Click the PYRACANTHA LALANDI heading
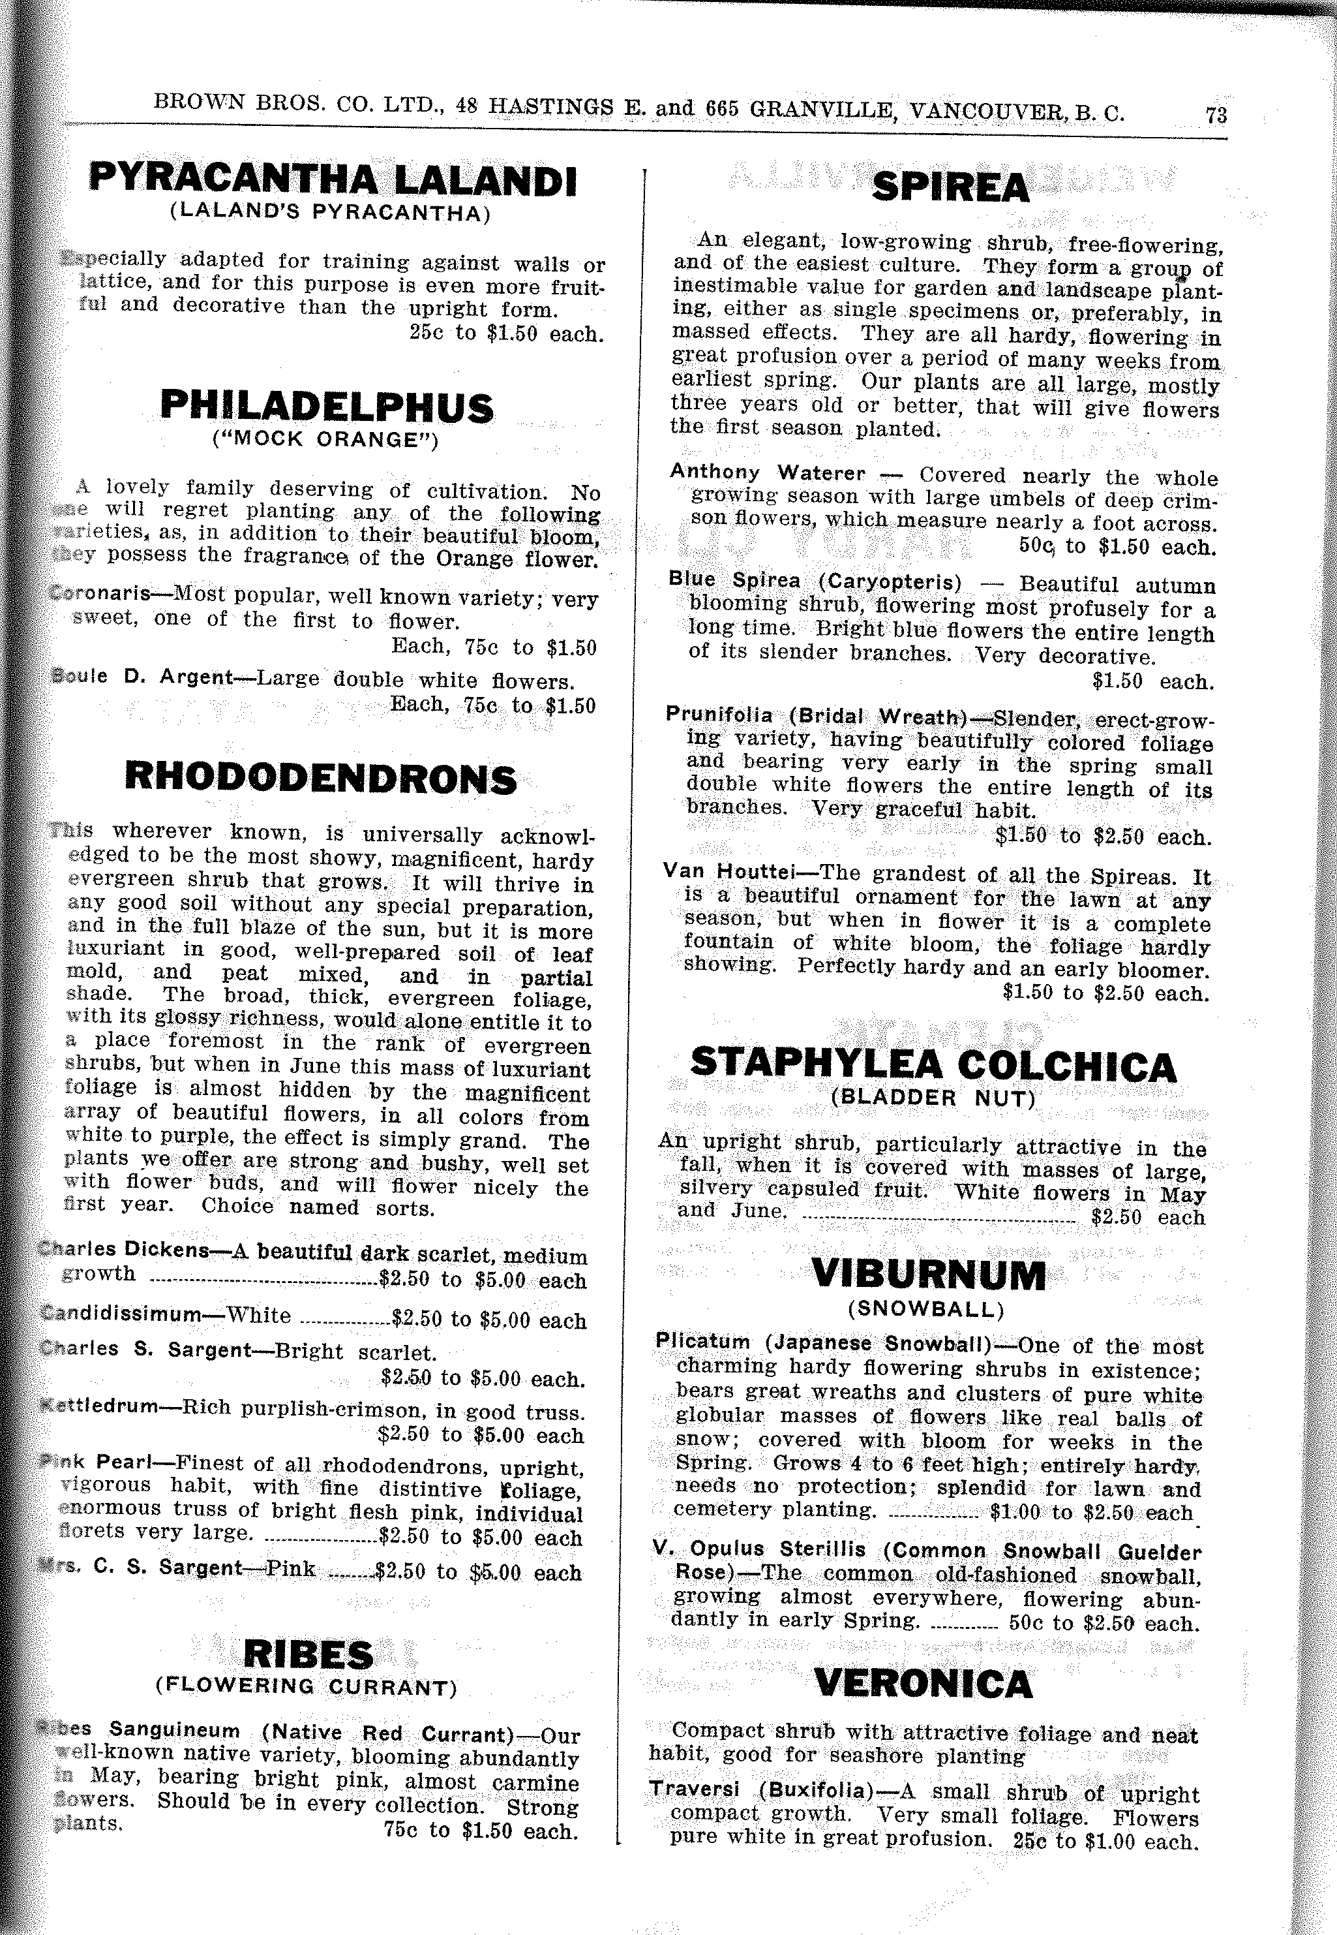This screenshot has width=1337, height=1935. click(333, 179)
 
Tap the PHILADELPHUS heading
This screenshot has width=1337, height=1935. click(327, 407)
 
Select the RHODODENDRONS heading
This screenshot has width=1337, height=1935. click(320, 779)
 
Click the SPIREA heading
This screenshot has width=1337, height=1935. click(950, 187)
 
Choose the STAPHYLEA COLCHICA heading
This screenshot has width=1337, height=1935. click(933, 1065)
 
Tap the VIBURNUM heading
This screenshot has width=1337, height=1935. click(928, 1275)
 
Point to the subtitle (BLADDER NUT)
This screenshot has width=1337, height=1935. click(933, 1098)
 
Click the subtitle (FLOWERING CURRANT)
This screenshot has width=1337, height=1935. click(307, 1686)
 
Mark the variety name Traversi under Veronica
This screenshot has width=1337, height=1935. click(695, 1788)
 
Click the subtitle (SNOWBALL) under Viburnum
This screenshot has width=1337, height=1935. click(925, 1308)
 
